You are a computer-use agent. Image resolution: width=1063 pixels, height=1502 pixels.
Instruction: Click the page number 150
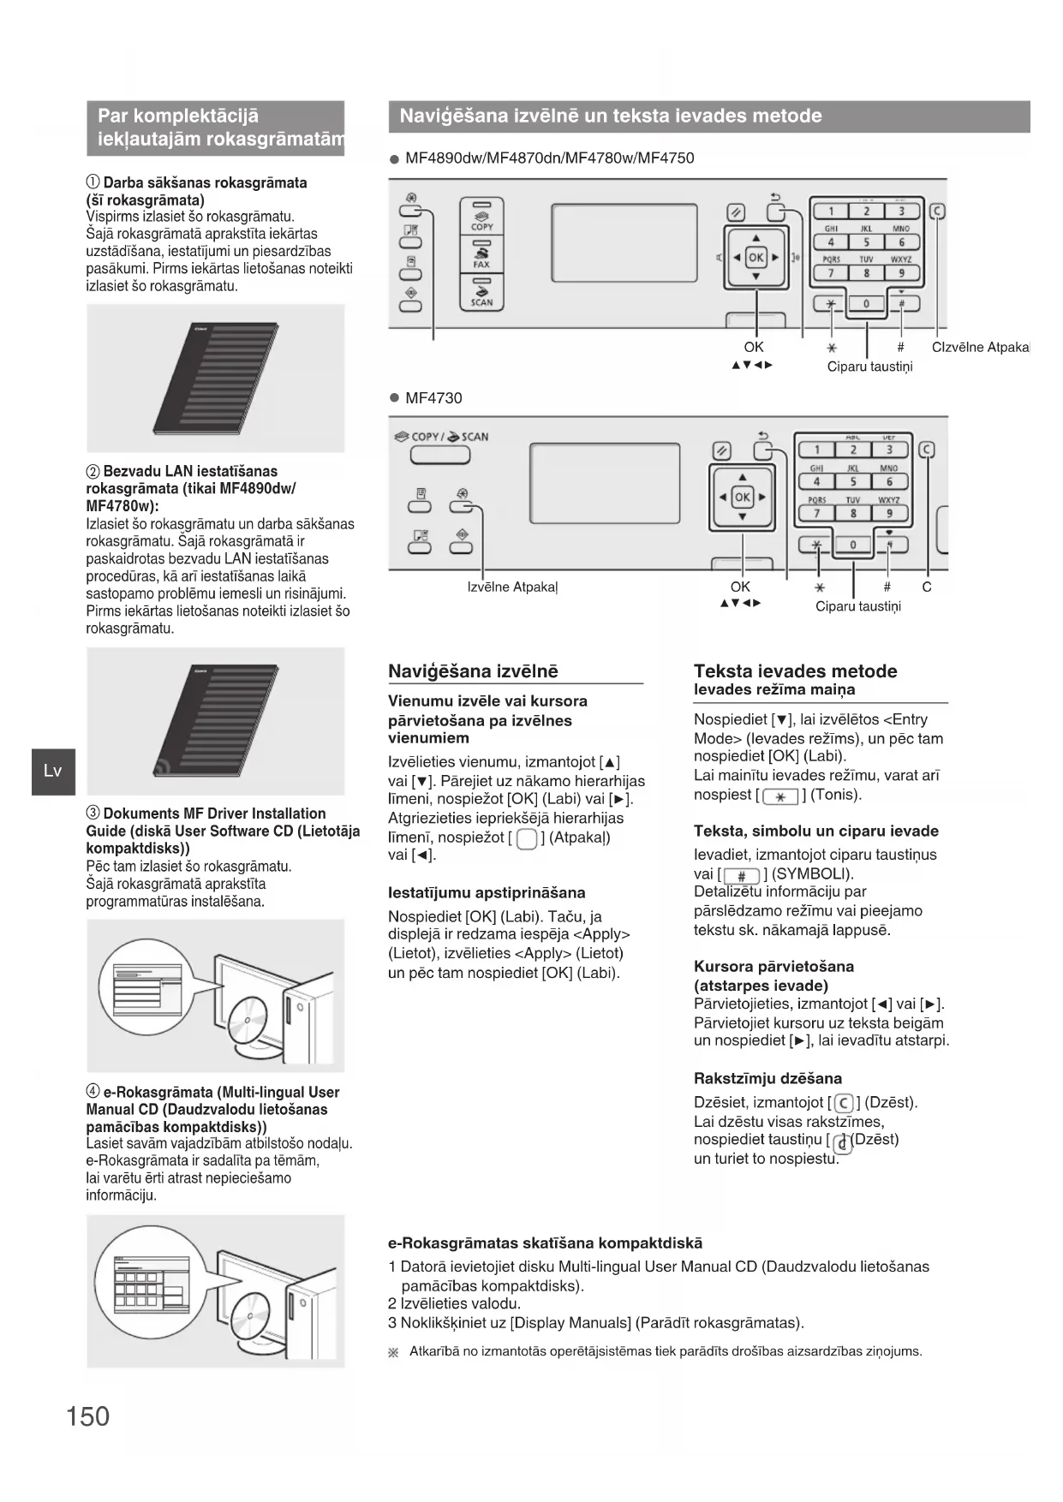88,1416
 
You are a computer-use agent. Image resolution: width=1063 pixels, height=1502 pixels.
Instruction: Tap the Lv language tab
53,771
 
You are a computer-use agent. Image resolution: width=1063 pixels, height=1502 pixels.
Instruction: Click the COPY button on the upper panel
482,219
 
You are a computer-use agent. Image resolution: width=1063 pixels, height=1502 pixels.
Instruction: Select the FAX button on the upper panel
482,255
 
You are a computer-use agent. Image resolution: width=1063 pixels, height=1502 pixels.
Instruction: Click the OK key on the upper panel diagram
755,257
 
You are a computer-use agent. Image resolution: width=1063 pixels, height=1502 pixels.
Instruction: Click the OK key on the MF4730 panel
742,497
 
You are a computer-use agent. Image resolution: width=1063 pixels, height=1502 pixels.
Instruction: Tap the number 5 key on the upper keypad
866,242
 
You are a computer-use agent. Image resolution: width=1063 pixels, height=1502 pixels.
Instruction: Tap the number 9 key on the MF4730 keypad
889,513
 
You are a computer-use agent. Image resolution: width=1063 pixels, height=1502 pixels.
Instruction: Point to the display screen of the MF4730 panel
605,486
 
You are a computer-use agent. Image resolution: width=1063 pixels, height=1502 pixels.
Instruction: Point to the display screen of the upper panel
624,242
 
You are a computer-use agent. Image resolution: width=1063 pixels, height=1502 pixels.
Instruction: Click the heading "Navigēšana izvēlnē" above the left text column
473,671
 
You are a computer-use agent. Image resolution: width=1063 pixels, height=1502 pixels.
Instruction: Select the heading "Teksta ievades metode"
795,671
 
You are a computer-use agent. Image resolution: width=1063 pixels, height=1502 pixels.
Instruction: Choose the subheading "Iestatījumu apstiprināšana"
487,892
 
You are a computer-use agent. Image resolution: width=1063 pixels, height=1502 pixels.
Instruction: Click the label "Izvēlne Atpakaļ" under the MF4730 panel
512,587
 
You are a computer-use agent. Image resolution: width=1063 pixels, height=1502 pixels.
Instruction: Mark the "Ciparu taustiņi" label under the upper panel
869,367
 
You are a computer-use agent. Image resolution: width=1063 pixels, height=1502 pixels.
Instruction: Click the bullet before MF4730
395,398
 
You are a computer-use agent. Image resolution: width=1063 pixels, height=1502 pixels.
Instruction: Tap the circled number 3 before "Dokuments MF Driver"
93,814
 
